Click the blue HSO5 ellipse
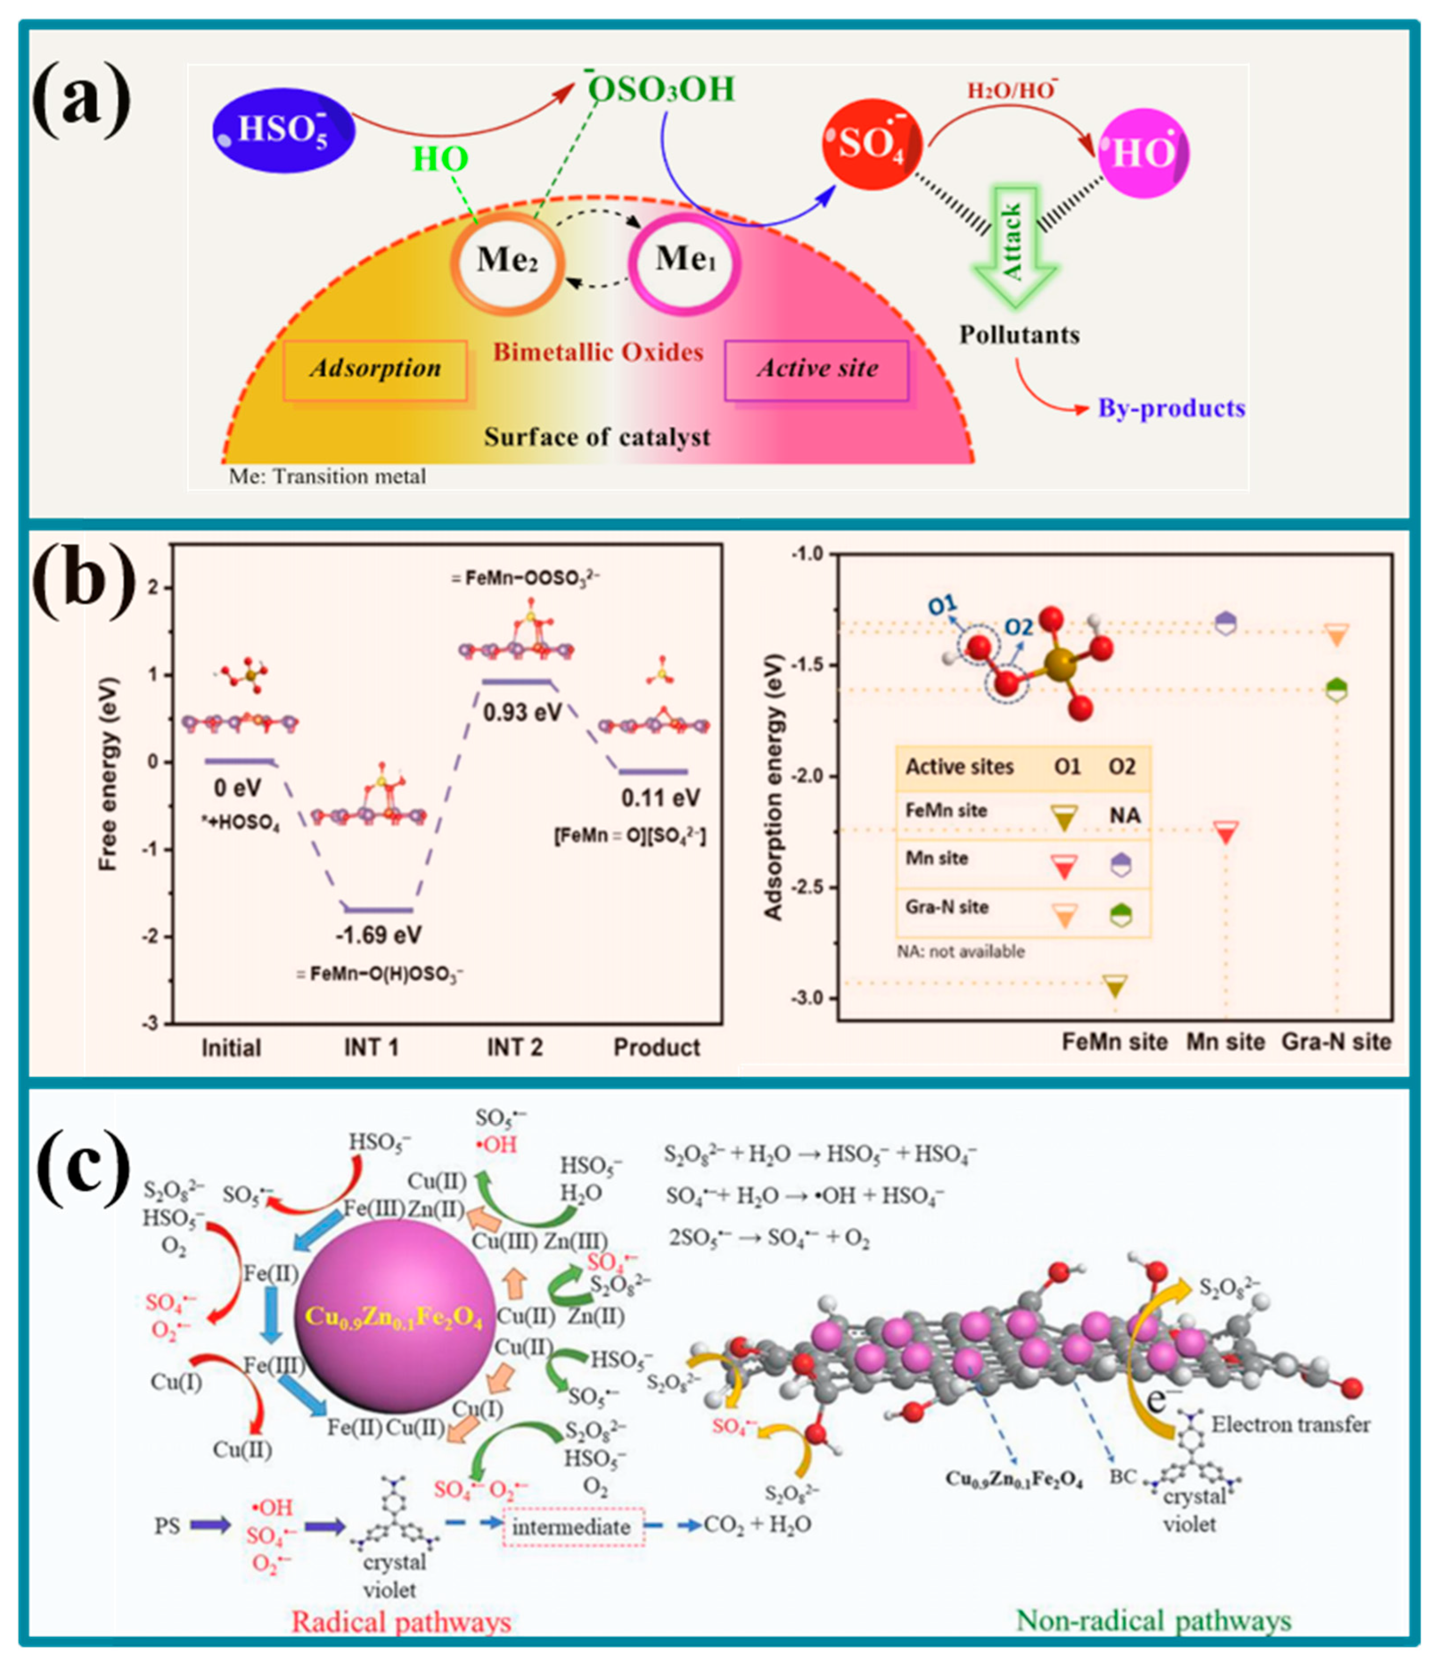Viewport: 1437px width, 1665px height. (283, 130)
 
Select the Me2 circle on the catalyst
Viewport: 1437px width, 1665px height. (507, 261)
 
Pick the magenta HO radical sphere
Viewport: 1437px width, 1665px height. (1143, 152)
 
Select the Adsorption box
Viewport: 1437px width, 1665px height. (375, 370)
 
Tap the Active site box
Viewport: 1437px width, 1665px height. (817, 370)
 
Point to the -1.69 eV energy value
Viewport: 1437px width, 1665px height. (378, 935)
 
